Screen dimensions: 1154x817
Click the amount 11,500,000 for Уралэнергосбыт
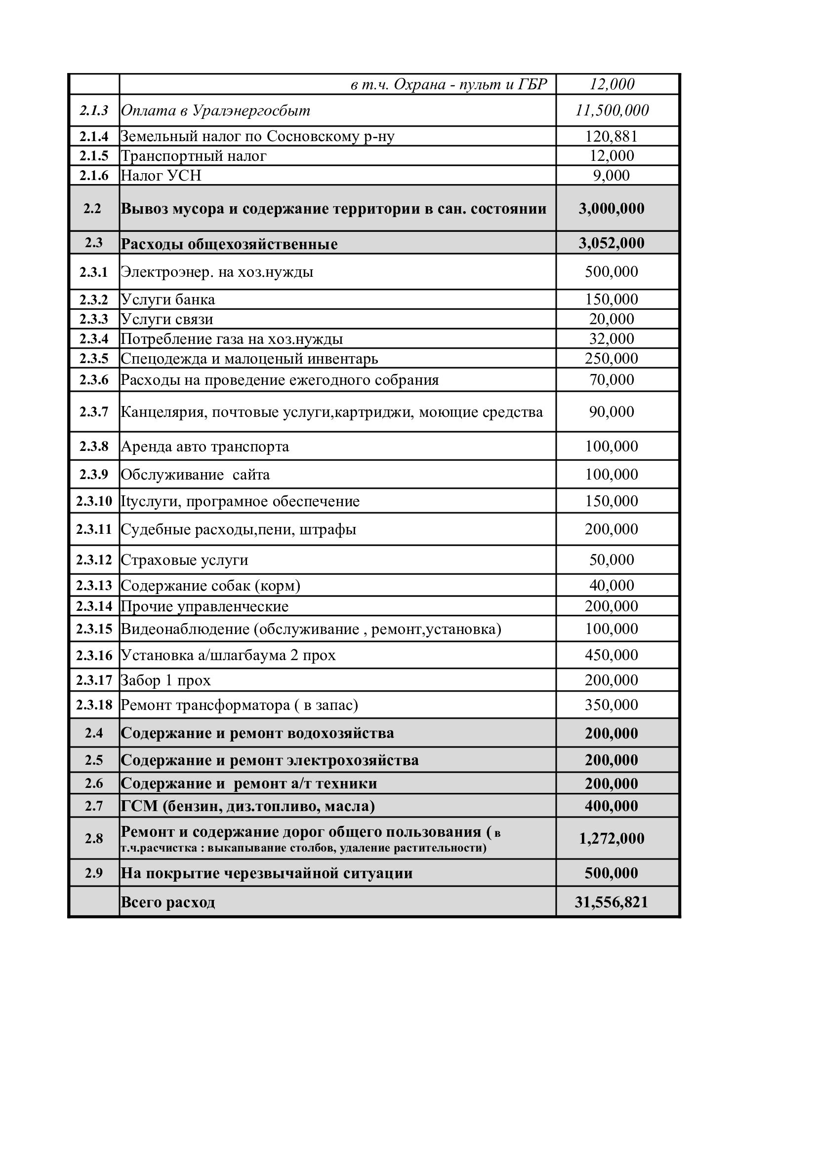click(612, 111)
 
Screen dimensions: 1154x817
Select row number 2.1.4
click(94, 136)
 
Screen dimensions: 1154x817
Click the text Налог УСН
click(161, 176)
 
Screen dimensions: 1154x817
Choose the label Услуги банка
click(168, 299)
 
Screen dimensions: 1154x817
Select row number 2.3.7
click(94, 412)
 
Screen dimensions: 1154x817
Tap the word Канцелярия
click(163, 412)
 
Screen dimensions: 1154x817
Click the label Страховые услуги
click(185, 560)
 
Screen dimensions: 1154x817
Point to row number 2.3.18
click(94, 705)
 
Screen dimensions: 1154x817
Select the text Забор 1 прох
click(166, 680)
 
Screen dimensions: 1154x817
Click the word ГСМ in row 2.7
click(139, 806)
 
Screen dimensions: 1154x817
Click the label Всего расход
click(168, 903)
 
